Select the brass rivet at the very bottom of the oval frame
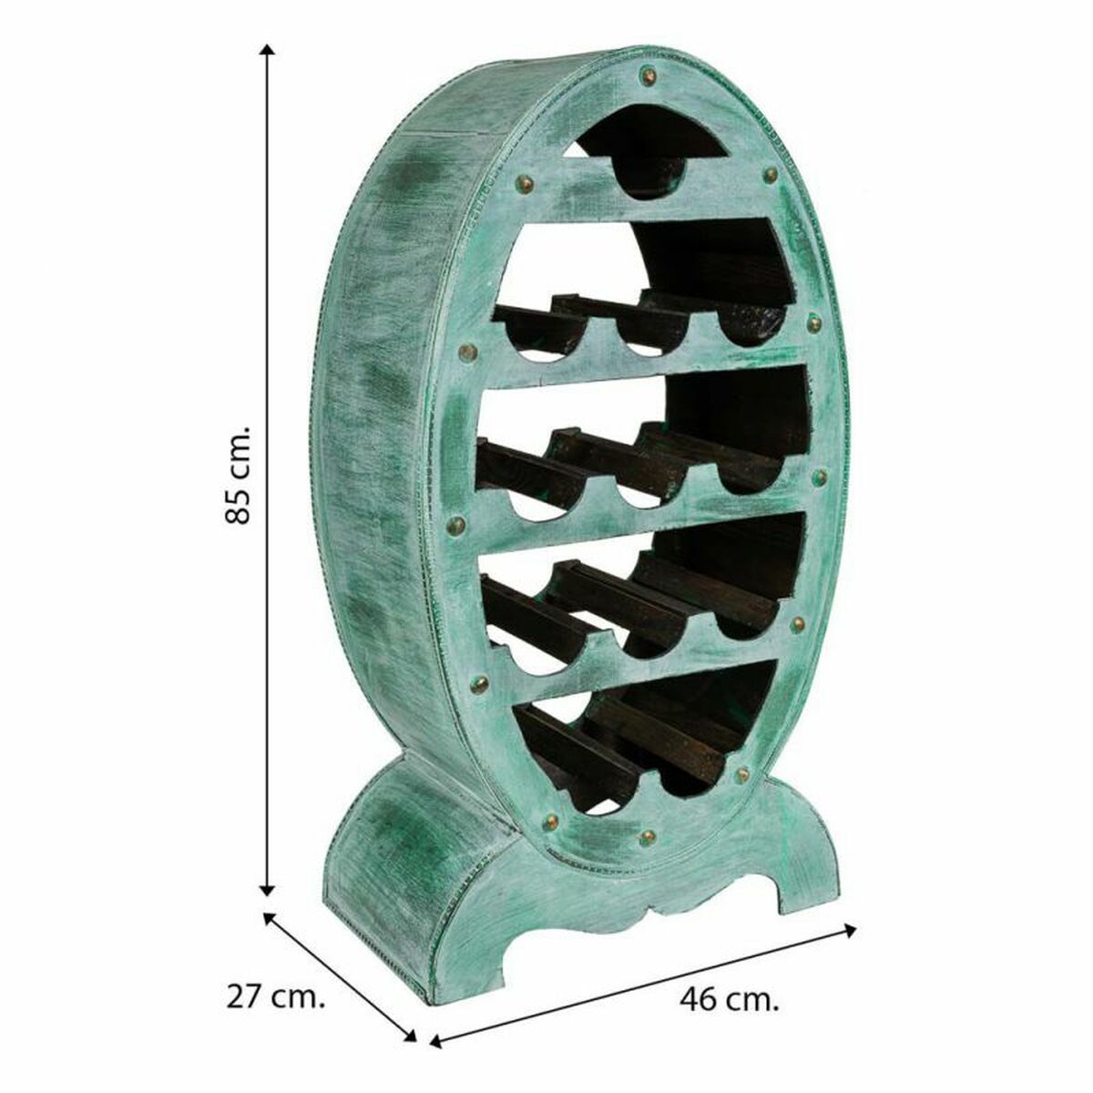(648, 835)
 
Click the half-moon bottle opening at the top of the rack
(647, 164)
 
